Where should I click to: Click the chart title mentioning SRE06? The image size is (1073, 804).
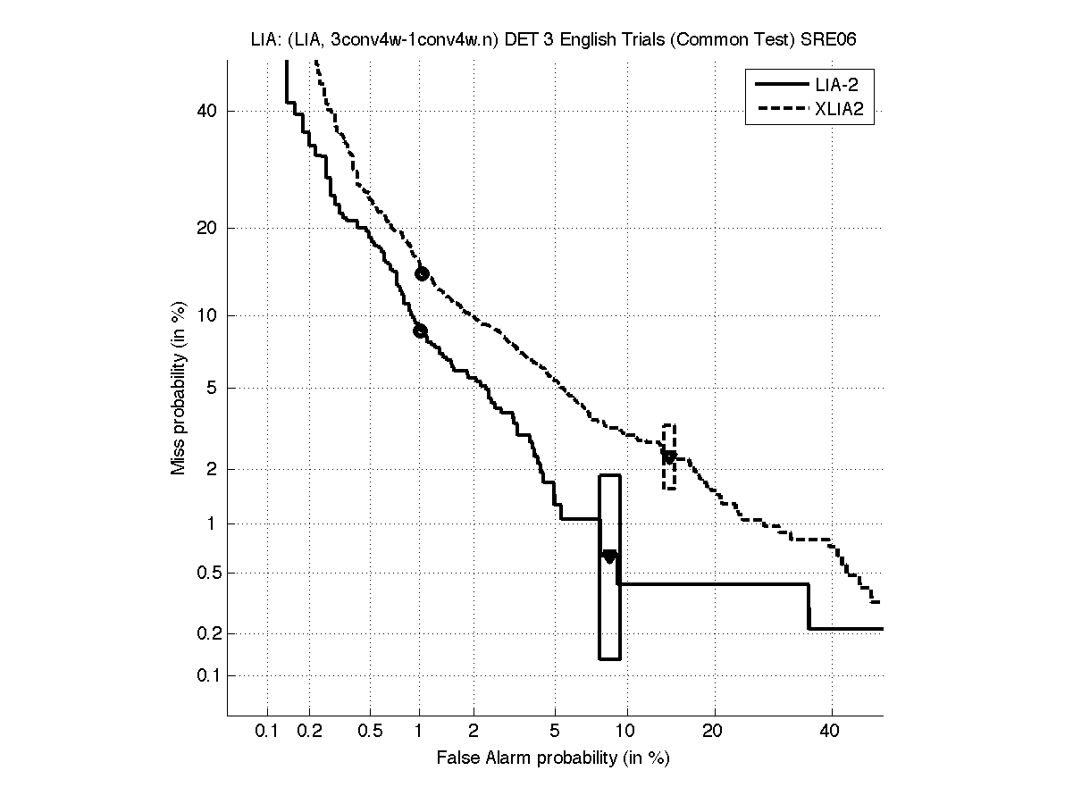tap(554, 40)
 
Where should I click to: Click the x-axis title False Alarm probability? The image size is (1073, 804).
tap(553, 758)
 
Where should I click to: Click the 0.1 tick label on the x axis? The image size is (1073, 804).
tap(267, 732)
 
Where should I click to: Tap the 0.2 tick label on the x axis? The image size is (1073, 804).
tap(309, 732)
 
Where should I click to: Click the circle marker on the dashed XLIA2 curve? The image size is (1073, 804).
tap(422, 273)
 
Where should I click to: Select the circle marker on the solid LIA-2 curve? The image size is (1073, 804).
tap(420, 331)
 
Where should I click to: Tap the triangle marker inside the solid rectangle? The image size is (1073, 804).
tap(609, 557)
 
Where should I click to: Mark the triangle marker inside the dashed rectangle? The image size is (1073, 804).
tap(668, 456)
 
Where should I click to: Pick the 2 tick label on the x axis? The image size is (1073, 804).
tap(474, 732)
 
